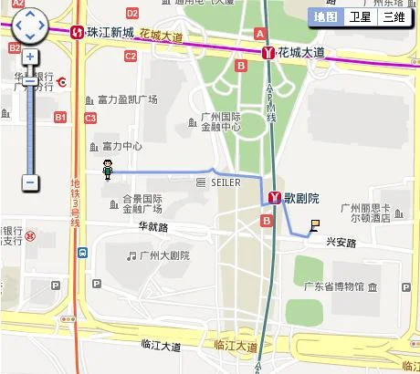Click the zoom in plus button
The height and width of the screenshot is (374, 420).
[30, 57]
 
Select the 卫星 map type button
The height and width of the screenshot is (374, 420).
[361, 16]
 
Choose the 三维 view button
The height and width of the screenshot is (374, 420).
[394, 16]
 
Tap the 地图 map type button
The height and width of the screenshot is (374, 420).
[325, 16]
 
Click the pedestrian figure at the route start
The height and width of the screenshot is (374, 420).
[108, 169]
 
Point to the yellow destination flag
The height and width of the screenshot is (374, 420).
[314, 225]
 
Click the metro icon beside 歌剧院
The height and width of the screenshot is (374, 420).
[273, 197]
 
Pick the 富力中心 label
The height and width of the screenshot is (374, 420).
[121, 146]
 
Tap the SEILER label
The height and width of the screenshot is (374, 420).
[225, 182]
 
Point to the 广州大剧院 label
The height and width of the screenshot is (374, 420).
[164, 255]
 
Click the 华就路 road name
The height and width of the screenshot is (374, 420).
[153, 226]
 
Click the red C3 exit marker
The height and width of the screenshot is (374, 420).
[90, 119]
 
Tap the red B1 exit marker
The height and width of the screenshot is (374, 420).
[61, 117]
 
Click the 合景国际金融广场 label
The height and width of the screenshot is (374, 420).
[142, 203]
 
